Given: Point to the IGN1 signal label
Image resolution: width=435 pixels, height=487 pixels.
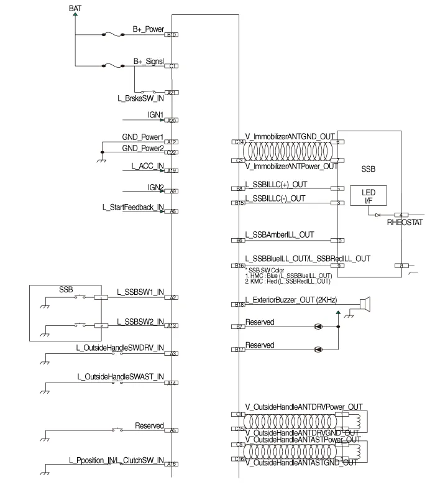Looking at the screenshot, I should (155, 115).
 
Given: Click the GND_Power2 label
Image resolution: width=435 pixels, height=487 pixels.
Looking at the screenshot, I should (142, 148).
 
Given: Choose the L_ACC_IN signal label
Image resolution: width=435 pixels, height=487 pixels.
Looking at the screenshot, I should (147, 165).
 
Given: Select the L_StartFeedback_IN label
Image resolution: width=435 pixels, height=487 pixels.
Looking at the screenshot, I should (133, 206).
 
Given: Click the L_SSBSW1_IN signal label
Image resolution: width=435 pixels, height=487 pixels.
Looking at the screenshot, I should (140, 292).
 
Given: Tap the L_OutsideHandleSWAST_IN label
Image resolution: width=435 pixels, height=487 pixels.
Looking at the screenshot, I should (120, 377).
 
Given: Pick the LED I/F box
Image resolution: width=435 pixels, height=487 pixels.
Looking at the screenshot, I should (369, 196).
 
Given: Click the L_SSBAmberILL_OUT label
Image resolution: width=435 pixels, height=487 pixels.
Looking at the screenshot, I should (280, 235).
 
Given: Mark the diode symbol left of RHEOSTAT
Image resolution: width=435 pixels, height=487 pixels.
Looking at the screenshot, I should (377, 215).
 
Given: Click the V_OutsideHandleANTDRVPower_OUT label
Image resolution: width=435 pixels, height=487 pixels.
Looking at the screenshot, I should (303, 407).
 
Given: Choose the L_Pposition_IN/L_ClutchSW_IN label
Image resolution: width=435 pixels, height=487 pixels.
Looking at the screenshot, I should (116, 460).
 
